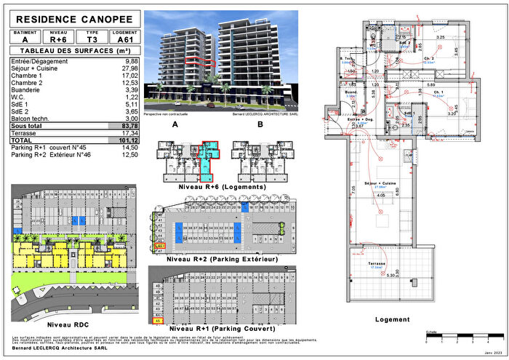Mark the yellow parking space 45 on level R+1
(x=157, y=320)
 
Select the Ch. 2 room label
(x=428, y=59)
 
